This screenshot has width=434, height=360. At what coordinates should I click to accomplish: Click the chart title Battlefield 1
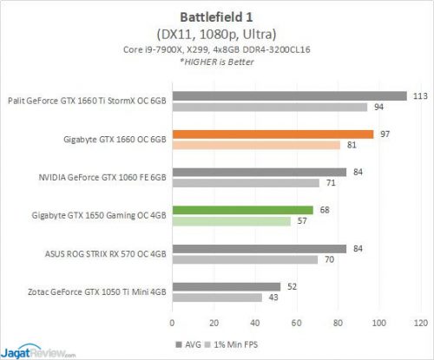click(217, 16)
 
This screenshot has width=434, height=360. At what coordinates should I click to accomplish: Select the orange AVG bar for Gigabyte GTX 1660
click(273, 134)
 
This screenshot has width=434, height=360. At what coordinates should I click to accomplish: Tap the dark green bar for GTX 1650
click(242, 209)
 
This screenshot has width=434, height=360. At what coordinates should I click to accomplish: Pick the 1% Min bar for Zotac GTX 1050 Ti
click(216, 298)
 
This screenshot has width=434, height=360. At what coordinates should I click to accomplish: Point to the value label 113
click(419, 95)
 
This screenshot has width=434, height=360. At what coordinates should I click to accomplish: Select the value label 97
click(385, 134)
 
